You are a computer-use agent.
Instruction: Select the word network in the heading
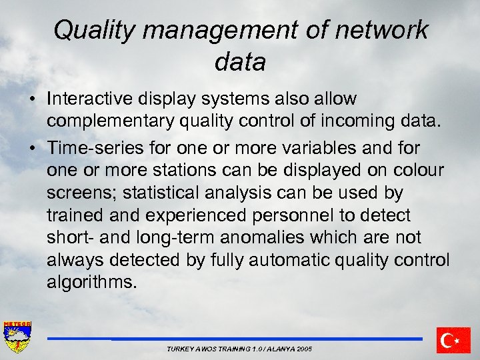[x=383, y=31]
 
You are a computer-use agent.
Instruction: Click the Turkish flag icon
[x=453, y=341]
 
